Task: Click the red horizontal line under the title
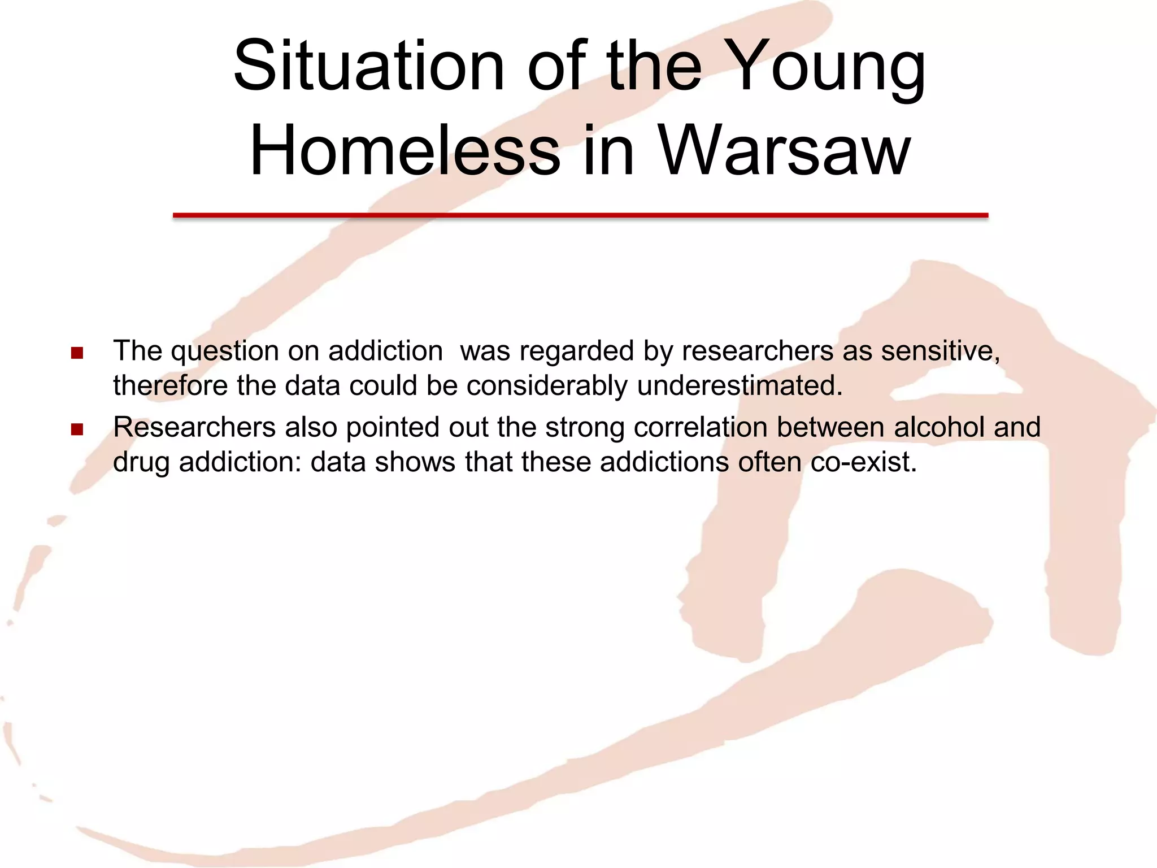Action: point(580,215)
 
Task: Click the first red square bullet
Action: point(77,354)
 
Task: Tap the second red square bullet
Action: point(77,429)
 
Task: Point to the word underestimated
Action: point(740,385)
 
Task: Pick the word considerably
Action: point(547,387)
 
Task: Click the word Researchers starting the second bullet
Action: point(194,427)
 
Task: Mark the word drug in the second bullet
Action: point(141,462)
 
